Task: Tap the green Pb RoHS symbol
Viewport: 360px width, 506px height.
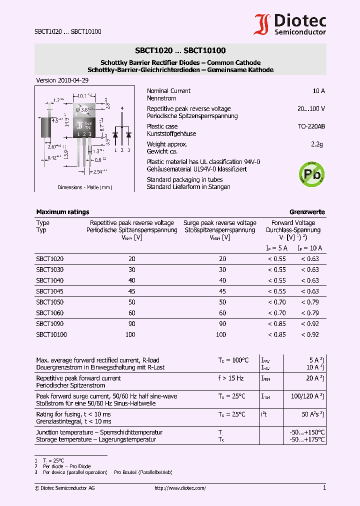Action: point(310,173)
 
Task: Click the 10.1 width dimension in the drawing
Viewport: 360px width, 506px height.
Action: point(83,95)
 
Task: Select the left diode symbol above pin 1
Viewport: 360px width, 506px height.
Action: point(115,134)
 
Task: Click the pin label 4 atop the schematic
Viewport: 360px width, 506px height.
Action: point(122,108)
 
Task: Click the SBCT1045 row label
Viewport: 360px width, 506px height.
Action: point(49,291)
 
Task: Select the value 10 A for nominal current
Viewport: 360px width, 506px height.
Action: point(318,91)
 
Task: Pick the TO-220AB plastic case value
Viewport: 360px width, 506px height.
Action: point(311,126)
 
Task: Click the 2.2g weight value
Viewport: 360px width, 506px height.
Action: point(316,144)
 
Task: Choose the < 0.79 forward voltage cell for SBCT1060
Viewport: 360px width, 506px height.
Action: point(309,313)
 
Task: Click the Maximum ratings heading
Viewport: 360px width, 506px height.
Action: point(62,212)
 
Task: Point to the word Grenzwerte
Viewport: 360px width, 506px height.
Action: point(307,212)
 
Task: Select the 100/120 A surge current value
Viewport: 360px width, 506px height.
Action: point(306,396)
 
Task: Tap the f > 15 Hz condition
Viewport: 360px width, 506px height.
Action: point(230,378)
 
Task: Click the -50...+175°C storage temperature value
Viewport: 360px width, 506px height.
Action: point(307,439)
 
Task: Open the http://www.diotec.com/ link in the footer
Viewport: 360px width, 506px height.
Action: point(180,488)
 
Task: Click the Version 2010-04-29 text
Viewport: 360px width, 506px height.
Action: point(62,80)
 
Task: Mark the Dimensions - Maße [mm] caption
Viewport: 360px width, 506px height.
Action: point(84,187)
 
